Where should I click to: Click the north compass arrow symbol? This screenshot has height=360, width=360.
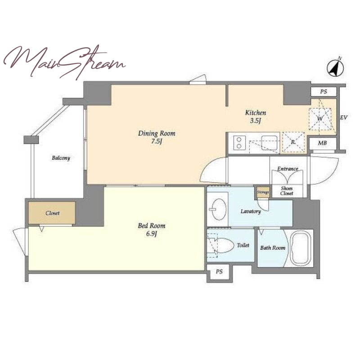click(335, 68)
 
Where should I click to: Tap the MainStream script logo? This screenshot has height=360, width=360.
click(64, 62)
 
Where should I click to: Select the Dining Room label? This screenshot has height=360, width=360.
click(157, 133)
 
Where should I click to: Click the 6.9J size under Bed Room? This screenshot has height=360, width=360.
click(152, 234)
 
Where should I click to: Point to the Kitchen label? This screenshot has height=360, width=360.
click(256, 112)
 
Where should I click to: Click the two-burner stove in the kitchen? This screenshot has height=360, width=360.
click(239, 143)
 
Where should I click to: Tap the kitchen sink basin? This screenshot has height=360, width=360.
click(269, 143)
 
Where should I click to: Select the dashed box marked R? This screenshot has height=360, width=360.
click(293, 142)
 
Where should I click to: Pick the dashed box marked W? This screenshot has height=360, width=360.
click(320, 119)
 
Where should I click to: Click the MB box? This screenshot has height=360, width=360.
click(323, 144)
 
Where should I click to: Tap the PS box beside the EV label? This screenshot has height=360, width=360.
click(324, 92)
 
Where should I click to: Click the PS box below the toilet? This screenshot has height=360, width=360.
click(219, 272)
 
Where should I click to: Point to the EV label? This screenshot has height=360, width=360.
click(344, 117)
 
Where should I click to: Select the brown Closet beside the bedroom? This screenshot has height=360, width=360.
click(52, 213)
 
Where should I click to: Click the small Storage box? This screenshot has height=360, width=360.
click(263, 192)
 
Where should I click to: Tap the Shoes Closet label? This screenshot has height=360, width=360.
click(287, 191)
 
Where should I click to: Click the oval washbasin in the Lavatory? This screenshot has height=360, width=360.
click(218, 209)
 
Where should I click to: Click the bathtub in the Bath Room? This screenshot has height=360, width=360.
click(301, 248)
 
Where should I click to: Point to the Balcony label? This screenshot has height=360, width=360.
click(61, 158)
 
